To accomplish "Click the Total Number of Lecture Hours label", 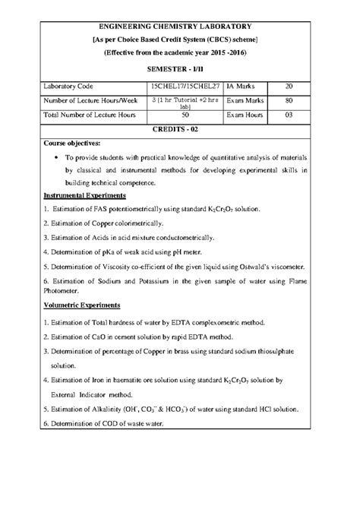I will click(90, 115).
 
